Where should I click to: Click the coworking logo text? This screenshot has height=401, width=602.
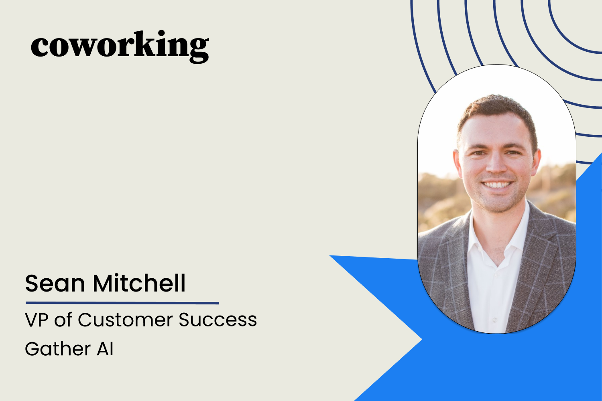(x=120, y=46)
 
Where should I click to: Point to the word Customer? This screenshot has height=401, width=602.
(x=125, y=320)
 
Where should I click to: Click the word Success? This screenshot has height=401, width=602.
(x=218, y=320)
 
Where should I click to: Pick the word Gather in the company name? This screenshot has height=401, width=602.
(x=58, y=349)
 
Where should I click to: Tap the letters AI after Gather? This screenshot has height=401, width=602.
(x=105, y=349)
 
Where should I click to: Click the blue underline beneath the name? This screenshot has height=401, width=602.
(x=122, y=303)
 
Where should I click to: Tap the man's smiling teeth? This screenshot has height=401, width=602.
(x=498, y=185)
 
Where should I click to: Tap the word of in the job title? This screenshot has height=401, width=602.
(x=63, y=320)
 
